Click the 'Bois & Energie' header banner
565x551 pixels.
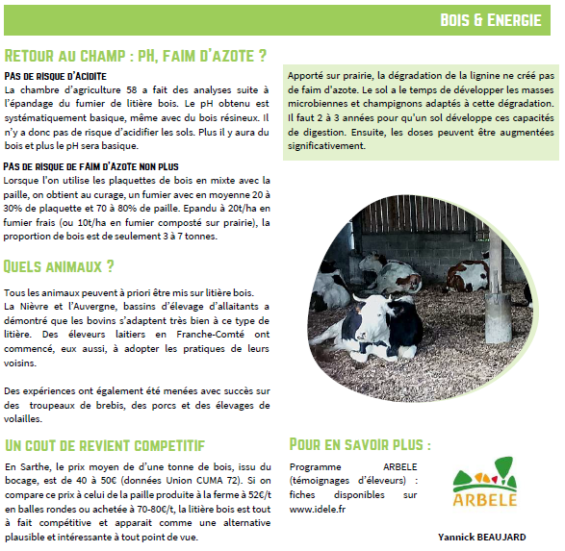click(490, 19)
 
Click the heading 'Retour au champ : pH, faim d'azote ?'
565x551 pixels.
click(136, 56)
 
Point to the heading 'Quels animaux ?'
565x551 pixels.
click(60, 265)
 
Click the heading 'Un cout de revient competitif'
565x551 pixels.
click(105, 444)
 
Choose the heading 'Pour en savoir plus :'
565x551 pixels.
click(360, 444)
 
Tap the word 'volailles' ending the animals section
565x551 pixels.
click(25, 418)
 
